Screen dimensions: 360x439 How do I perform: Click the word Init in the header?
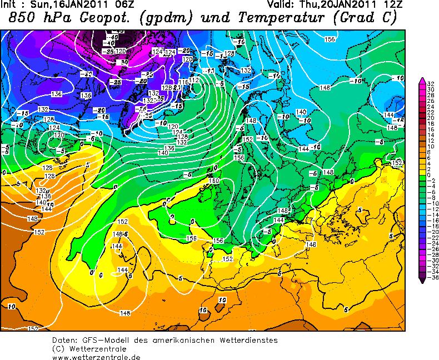click(9, 4)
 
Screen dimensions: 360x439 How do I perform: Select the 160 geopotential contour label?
click(214, 181)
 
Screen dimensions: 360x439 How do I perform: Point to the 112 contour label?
click(194, 81)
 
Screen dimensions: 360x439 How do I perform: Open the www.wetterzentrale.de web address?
click(88, 357)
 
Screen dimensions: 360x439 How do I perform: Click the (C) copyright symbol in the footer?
click(58, 348)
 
